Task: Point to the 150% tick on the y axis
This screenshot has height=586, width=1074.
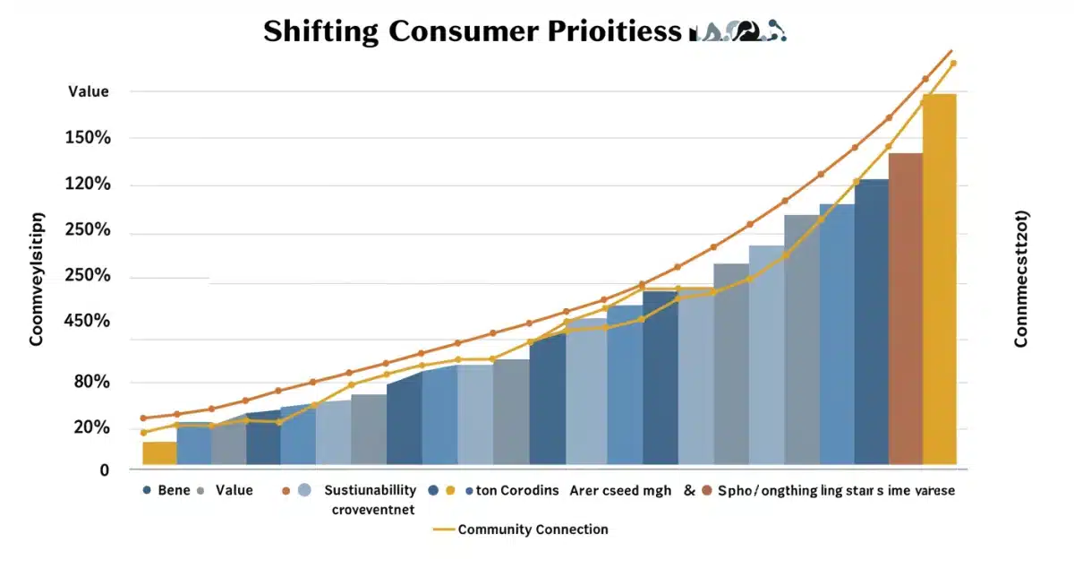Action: point(87,138)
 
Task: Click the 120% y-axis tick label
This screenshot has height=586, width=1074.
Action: point(87,185)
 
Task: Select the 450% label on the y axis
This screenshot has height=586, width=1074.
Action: point(87,321)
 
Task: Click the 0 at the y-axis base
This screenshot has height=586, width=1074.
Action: point(105,470)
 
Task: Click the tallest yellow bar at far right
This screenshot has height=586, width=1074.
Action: point(939,278)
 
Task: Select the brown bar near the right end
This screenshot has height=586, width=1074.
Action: point(905,309)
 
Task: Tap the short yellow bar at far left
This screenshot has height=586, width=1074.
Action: point(159,453)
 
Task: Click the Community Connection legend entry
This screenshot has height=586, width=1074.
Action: point(532,530)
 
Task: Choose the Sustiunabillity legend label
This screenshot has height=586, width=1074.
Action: point(370,490)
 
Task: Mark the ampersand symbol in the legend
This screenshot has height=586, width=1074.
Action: point(689,490)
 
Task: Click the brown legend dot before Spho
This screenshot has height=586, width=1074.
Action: point(708,490)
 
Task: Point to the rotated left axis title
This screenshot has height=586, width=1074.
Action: point(37,279)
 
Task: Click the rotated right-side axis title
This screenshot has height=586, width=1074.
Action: point(1021,279)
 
